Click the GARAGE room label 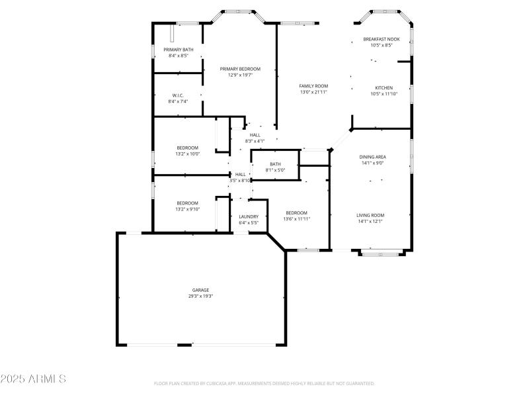point(201,290)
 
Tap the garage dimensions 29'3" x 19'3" point(201,296)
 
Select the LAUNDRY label point(249,216)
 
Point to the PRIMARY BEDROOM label point(240,69)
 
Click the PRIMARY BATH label point(179,50)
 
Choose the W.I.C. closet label point(178,95)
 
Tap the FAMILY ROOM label point(313,86)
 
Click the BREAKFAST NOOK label point(382,40)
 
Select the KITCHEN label point(384,88)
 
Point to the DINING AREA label point(372,157)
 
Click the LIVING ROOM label point(370,215)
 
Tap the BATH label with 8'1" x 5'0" point(275,164)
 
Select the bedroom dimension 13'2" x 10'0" point(187,154)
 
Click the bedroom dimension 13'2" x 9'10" point(187,209)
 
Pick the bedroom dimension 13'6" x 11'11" point(296,219)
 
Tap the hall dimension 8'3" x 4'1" point(255,141)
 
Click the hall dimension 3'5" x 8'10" point(240,181)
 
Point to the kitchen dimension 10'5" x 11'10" point(384,94)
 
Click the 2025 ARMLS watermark point(33,379)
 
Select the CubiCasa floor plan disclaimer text point(264,383)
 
